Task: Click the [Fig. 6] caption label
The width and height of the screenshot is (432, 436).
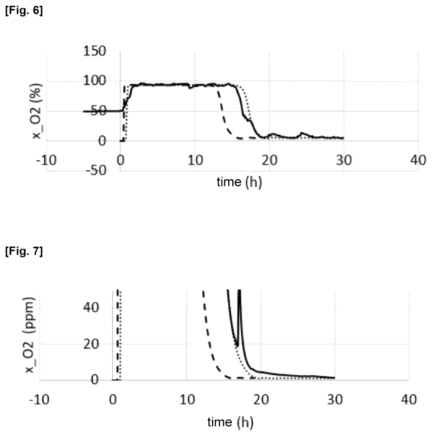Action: coord(24,12)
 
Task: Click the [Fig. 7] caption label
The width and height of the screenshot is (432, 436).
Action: coord(24,252)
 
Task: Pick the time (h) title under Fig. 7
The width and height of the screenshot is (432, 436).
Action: coord(230,422)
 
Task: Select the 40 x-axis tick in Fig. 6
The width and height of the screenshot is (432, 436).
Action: coord(418,160)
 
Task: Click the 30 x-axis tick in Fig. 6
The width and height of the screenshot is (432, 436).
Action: coord(344,160)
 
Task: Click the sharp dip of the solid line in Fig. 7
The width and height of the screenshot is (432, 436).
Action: coord(237,346)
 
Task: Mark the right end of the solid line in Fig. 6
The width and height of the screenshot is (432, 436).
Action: coord(343,138)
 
